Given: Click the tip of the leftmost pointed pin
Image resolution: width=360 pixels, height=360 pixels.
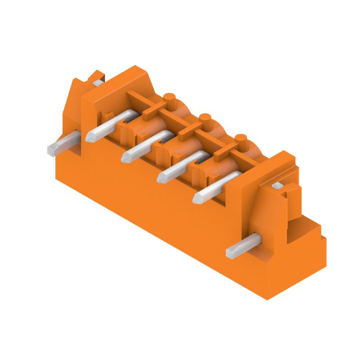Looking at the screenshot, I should (89, 136).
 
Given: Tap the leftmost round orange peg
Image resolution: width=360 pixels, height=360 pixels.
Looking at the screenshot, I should (169, 98).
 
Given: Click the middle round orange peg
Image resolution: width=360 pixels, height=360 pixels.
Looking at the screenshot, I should (205, 119).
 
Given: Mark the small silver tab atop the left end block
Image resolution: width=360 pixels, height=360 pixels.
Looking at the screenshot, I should (98, 82).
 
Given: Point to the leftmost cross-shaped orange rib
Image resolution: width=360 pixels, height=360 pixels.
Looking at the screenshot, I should (151, 108).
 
